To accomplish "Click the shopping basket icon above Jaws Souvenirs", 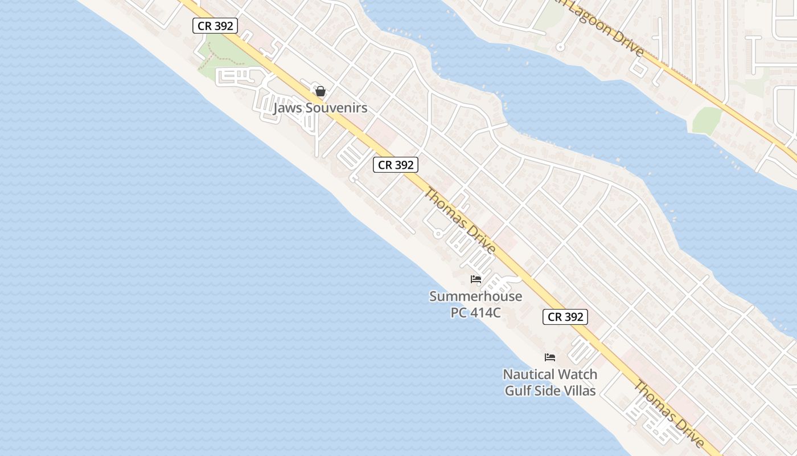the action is pyautogui.click(x=321, y=91).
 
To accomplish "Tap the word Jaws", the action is pyautogui.click(x=287, y=108).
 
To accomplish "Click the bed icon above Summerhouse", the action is pyautogui.click(x=476, y=279).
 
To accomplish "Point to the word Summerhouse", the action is pyautogui.click(x=475, y=296).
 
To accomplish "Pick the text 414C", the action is pyautogui.click(x=486, y=312).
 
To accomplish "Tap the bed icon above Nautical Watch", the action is pyautogui.click(x=550, y=357).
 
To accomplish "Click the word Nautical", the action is pyautogui.click(x=531, y=374).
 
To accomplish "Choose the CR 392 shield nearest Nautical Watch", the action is pyautogui.click(x=565, y=317).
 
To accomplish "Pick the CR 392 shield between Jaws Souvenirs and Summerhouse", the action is pyautogui.click(x=396, y=165).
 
